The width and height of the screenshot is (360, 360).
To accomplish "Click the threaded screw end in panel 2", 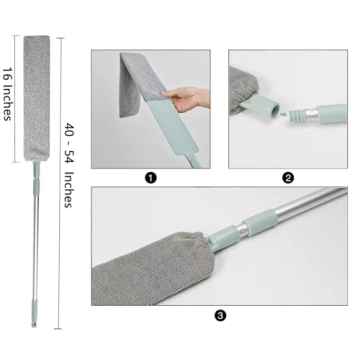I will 298,116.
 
